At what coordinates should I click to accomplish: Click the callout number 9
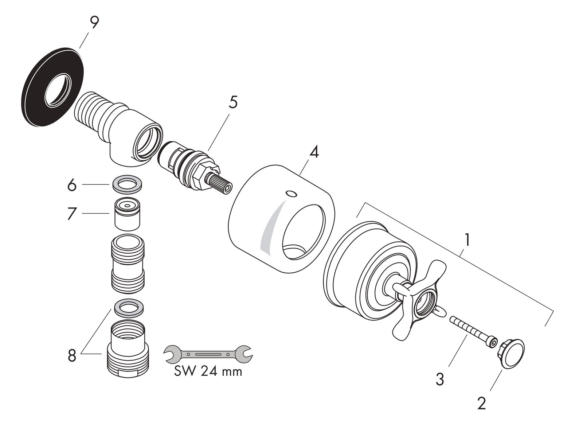[x=94, y=23]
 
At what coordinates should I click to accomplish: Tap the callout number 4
[x=314, y=152]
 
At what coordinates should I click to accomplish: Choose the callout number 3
[x=440, y=379]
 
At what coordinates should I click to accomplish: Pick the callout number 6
[x=72, y=186]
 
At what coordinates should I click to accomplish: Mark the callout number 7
[x=72, y=214]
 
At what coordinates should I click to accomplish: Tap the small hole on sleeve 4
[x=291, y=194]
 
